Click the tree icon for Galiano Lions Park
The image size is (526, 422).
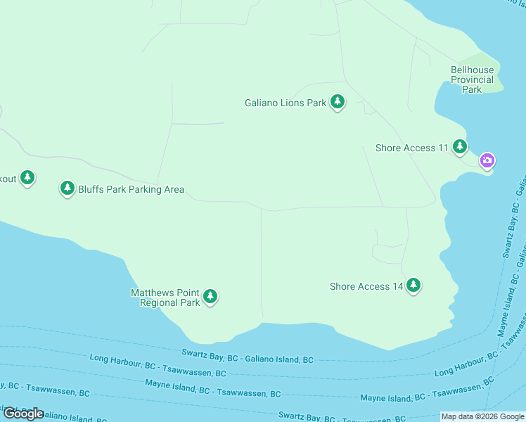(338, 102)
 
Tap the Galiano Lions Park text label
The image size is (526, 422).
(285, 103)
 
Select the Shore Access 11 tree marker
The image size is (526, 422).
(459, 146)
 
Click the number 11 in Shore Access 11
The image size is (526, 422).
(443, 148)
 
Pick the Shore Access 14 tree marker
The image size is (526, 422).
(413, 285)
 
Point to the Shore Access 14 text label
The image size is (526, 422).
(366, 286)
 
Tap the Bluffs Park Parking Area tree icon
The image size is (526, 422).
(67, 188)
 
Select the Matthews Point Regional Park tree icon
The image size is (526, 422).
(210, 297)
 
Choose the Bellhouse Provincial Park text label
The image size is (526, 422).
(472, 79)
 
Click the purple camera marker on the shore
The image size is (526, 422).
(487, 161)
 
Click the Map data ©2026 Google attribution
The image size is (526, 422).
(482, 416)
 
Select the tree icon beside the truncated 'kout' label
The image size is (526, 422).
(27, 177)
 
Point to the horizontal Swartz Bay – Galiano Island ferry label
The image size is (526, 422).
(248, 355)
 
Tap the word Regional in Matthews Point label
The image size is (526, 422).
(159, 303)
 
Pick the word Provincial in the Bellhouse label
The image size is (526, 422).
(472, 79)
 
